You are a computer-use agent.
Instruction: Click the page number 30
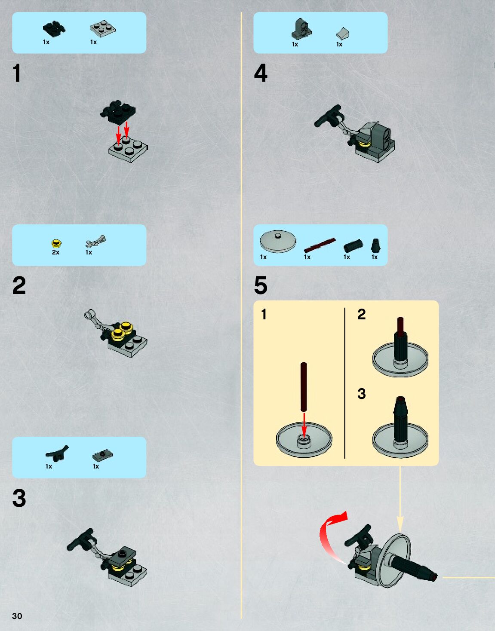[x=17, y=616]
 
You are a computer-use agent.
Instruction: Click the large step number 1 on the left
[x=17, y=73]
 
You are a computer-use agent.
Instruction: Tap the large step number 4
[x=261, y=73]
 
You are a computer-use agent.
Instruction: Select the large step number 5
[x=261, y=285]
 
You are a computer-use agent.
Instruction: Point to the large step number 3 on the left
[x=19, y=498]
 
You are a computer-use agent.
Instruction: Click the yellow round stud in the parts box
[x=56, y=243]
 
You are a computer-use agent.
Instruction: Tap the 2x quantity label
[x=55, y=252]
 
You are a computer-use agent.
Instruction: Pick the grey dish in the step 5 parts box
[x=278, y=241]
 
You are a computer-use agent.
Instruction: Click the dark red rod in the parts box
[x=320, y=245]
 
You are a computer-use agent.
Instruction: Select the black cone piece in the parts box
[x=376, y=245]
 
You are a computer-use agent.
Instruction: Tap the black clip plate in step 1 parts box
[x=54, y=29]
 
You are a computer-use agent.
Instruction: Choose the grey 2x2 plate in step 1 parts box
[x=103, y=29]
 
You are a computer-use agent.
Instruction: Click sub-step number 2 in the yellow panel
[x=361, y=314]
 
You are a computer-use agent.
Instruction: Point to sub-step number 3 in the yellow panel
[x=361, y=394]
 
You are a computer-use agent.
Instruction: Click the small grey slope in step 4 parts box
[x=342, y=33]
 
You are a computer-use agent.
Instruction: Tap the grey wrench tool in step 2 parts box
[x=95, y=241]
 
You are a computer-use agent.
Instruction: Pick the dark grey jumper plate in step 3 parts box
[x=103, y=455]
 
